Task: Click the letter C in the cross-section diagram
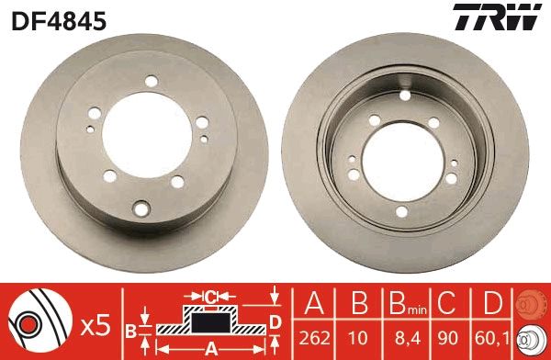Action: click(210, 297)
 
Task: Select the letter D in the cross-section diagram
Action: click(274, 321)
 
